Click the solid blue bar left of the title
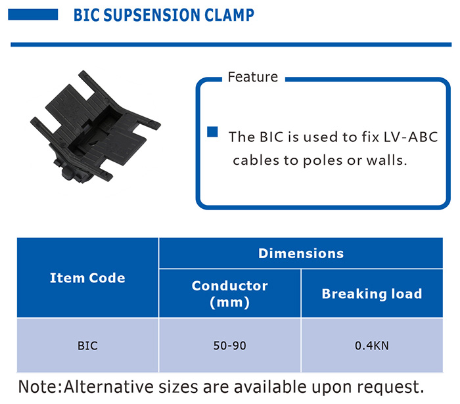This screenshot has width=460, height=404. pyautogui.click(x=33, y=14)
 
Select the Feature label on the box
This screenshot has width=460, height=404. pyautogui.click(x=252, y=77)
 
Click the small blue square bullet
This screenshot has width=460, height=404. pyautogui.click(x=212, y=132)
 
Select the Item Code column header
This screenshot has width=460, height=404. pyautogui.click(x=87, y=278)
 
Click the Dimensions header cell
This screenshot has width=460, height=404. pyautogui.click(x=301, y=254)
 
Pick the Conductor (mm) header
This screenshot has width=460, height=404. pyautogui.click(x=230, y=294)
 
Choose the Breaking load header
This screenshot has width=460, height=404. pyautogui.click(x=372, y=294)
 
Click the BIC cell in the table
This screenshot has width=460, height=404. pyautogui.click(x=87, y=346)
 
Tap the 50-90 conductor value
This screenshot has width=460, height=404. pyautogui.click(x=230, y=346)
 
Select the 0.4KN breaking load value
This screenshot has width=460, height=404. pyautogui.click(x=372, y=346)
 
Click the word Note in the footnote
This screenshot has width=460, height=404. pyautogui.click(x=38, y=387)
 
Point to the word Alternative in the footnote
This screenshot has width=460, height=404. pyautogui.click(x=108, y=387)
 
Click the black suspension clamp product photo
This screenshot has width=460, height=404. pyautogui.click(x=95, y=127)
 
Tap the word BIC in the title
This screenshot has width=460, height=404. pyautogui.click(x=86, y=15)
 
